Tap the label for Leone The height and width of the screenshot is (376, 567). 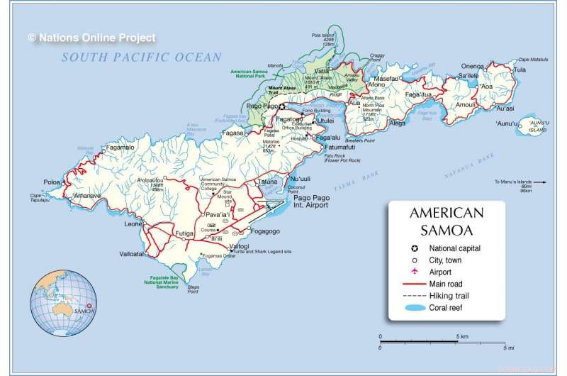[133, 223]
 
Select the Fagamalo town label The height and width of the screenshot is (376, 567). [120, 148]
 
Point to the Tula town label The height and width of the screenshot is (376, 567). [520, 70]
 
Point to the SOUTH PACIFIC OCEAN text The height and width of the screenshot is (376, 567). [141, 57]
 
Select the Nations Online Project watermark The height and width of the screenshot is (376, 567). [91, 38]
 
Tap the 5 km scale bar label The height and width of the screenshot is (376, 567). [461, 336]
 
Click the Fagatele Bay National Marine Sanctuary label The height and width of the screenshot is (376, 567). [163, 282]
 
